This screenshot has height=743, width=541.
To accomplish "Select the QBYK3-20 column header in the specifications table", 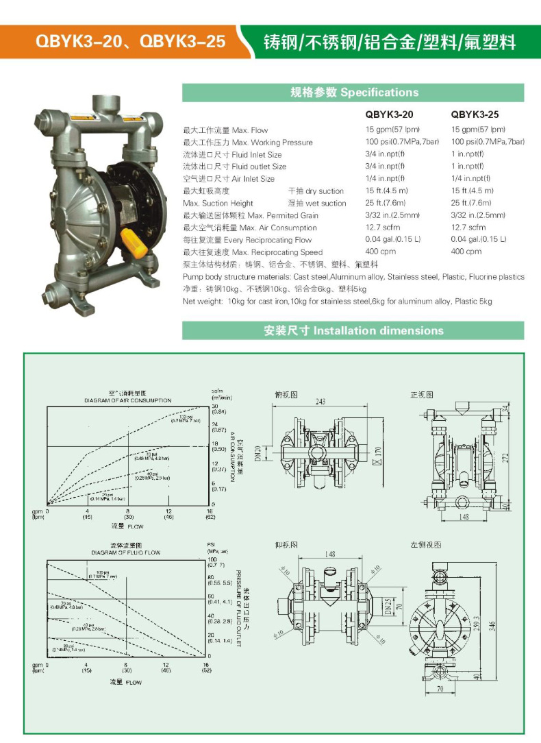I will tap(389, 114).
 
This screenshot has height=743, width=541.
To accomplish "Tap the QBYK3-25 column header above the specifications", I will tap(475, 114).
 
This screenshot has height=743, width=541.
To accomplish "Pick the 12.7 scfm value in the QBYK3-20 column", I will tap(381, 228).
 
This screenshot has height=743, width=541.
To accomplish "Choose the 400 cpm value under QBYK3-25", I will tap(466, 252).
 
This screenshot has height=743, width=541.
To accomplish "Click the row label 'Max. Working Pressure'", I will tap(248, 143).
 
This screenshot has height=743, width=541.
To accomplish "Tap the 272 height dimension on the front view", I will tap(505, 456).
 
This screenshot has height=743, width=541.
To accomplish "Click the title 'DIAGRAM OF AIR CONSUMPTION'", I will tap(128, 400).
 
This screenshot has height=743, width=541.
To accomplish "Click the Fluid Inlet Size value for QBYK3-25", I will tap(466, 154).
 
